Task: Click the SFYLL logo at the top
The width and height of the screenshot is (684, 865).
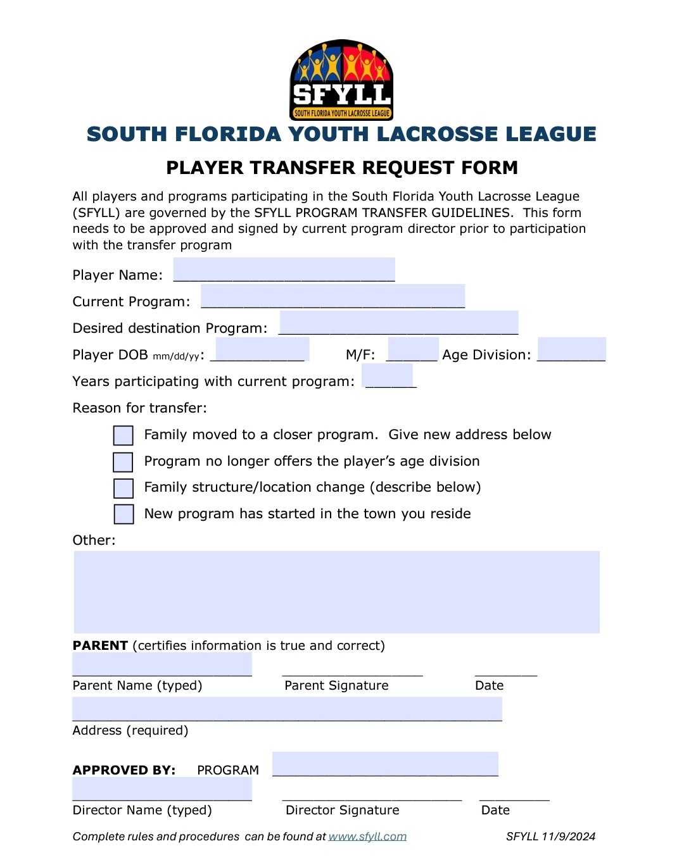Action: tap(341, 80)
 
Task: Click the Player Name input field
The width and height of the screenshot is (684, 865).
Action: tap(284, 270)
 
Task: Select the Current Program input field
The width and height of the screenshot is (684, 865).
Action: tap(332, 296)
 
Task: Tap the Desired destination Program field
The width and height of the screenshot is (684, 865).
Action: tap(398, 323)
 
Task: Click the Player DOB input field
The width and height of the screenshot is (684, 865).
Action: tap(262, 349)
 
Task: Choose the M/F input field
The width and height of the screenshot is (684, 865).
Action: tap(412, 349)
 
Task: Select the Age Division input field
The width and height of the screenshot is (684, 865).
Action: tap(571, 349)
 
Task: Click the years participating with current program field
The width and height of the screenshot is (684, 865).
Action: tap(387, 376)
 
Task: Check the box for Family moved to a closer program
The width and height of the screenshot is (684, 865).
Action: tap(123, 435)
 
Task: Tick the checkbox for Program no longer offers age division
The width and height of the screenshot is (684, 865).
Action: tap(123, 462)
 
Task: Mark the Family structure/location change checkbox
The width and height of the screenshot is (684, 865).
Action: tap(123, 489)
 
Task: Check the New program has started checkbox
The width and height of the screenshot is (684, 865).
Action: tap(123, 514)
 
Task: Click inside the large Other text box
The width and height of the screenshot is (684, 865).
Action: tap(336, 592)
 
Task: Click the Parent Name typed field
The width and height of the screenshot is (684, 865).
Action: tap(162, 664)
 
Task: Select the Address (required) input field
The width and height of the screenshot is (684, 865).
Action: tap(287, 709)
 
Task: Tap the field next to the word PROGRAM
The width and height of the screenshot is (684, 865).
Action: tap(385, 764)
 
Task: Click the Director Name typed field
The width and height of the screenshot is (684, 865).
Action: tap(162, 789)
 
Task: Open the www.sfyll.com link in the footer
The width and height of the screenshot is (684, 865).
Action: tap(367, 837)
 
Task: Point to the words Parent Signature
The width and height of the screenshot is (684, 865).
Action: tap(336, 685)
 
